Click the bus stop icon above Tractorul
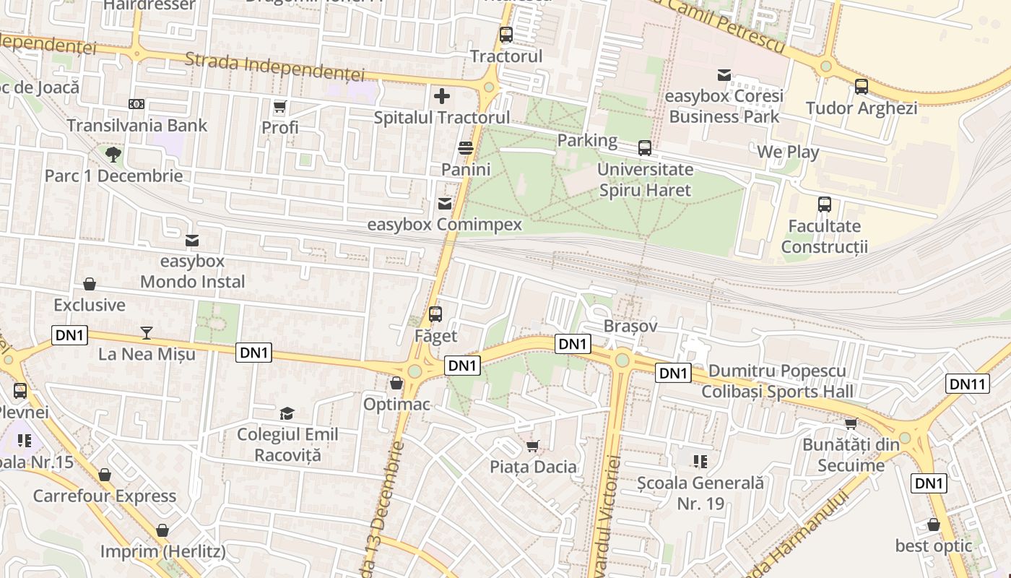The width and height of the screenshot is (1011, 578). point(506,34)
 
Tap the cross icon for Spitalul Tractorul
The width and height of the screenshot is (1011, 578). point(441,95)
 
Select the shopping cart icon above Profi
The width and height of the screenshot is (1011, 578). point(279,107)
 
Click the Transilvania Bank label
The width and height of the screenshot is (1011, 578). point(136,125)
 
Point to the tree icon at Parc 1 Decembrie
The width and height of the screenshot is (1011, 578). point(113,154)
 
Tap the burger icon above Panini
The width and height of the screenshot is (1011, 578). point(466,148)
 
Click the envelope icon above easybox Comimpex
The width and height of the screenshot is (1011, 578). point(444,204)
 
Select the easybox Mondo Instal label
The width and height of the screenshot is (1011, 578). point(192,271)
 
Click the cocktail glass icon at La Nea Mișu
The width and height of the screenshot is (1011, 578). point(147,332)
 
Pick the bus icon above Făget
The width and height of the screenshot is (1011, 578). point(435,314)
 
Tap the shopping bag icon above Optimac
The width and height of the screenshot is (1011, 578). point(396,383)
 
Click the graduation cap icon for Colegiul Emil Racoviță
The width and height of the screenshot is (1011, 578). point(287,413)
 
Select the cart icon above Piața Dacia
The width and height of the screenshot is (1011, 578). point(533,446)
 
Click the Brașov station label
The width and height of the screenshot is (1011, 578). point(630,326)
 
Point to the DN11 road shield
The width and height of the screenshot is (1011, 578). point(967,384)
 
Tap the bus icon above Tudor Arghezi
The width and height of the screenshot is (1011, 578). point(861,87)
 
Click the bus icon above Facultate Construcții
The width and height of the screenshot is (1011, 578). point(824,204)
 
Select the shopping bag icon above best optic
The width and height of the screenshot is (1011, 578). point(933,525)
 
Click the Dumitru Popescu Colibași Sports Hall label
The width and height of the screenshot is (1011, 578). point(777,381)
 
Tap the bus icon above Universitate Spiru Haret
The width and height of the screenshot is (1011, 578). point(644,148)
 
